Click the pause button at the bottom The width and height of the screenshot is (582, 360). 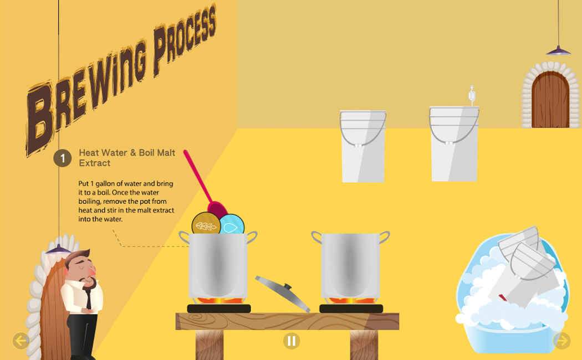291,341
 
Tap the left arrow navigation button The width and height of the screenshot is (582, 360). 21,341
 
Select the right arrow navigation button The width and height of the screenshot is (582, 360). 561,341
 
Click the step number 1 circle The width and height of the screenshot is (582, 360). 62,158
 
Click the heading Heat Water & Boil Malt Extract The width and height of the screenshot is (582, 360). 126,157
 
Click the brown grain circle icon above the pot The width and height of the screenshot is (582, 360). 205,225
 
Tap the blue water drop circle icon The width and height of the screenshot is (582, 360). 232,225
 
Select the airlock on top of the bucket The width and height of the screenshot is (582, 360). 472,95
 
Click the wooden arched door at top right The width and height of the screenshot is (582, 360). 550,100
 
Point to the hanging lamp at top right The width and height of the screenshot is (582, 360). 558,51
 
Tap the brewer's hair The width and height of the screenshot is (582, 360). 78,258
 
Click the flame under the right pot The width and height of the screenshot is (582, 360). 350,301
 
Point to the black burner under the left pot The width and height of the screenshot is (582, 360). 219,308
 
